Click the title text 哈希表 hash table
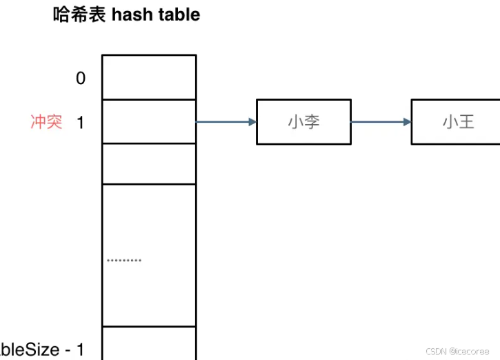tap(126, 14)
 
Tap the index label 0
tap(81, 78)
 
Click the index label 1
tap(80, 123)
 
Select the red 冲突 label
tap(46, 123)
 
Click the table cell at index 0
tap(149, 77)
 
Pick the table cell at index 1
tap(149, 121)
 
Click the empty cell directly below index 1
tap(149, 163)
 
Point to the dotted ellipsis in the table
tap(124, 261)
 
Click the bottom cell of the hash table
tap(149, 343)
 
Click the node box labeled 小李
tap(303, 122)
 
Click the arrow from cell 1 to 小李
tap(226, 122)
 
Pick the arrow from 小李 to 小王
tap(381, 122)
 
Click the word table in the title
tap(177, 14)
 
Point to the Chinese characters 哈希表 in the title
tap(76, 14)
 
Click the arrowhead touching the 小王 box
tap(406, 122)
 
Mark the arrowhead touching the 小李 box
tap(251, 122)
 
